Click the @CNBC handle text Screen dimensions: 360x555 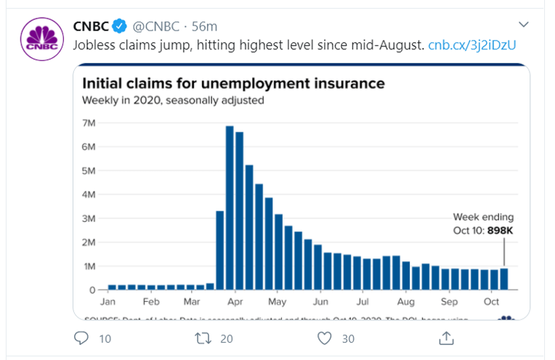(156, 27)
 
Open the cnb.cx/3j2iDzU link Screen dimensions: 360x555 (472, 45)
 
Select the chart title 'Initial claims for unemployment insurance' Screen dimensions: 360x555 (233, 83)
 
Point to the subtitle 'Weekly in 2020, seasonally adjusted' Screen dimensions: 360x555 (173, 101)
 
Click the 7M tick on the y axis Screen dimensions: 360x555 (89, 123)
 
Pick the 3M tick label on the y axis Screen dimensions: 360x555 (89, 218)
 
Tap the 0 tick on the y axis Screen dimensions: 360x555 (92, 290)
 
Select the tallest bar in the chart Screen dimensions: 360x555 (230, 208)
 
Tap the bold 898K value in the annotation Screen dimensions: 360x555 (499, 231)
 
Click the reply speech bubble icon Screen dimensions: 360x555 (81, 338)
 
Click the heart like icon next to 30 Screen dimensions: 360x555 (325, 338)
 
